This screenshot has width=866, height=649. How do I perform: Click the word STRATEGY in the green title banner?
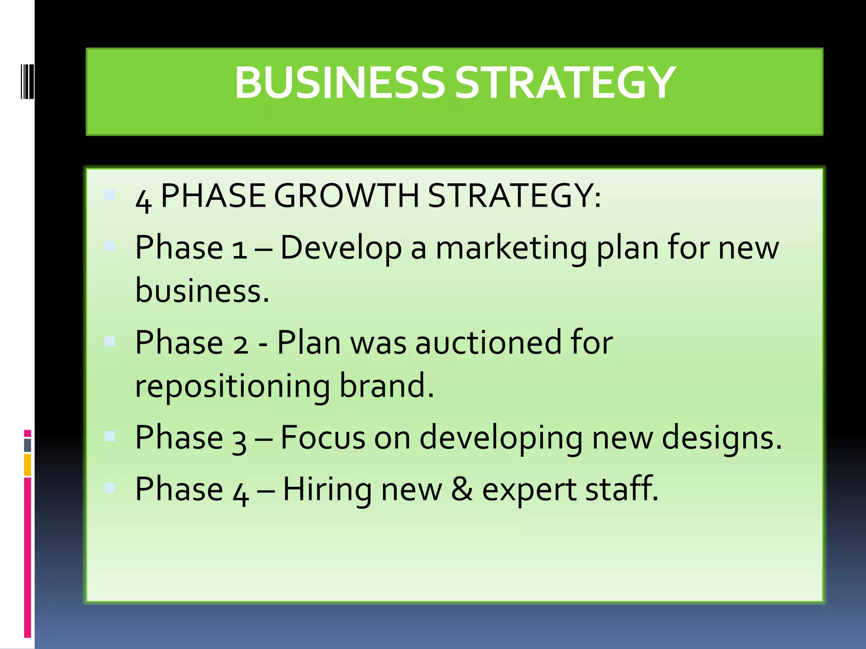pos(565,83)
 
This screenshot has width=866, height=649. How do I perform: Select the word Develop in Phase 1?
pos(341,248)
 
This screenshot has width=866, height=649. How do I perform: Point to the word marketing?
pos(511,248)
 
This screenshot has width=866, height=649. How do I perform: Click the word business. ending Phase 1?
pos(202,291)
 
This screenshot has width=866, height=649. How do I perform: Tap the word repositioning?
pos(232,386)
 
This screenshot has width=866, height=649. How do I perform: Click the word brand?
pos(386,385)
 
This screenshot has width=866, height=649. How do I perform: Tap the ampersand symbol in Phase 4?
pos(461,489)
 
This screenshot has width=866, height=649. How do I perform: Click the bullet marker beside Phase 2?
pos(110,341)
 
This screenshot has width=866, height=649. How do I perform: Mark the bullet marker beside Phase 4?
pos(110,488)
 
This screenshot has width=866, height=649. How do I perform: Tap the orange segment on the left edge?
pos(27,465)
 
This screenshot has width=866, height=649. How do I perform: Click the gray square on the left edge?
pos(27,445)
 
